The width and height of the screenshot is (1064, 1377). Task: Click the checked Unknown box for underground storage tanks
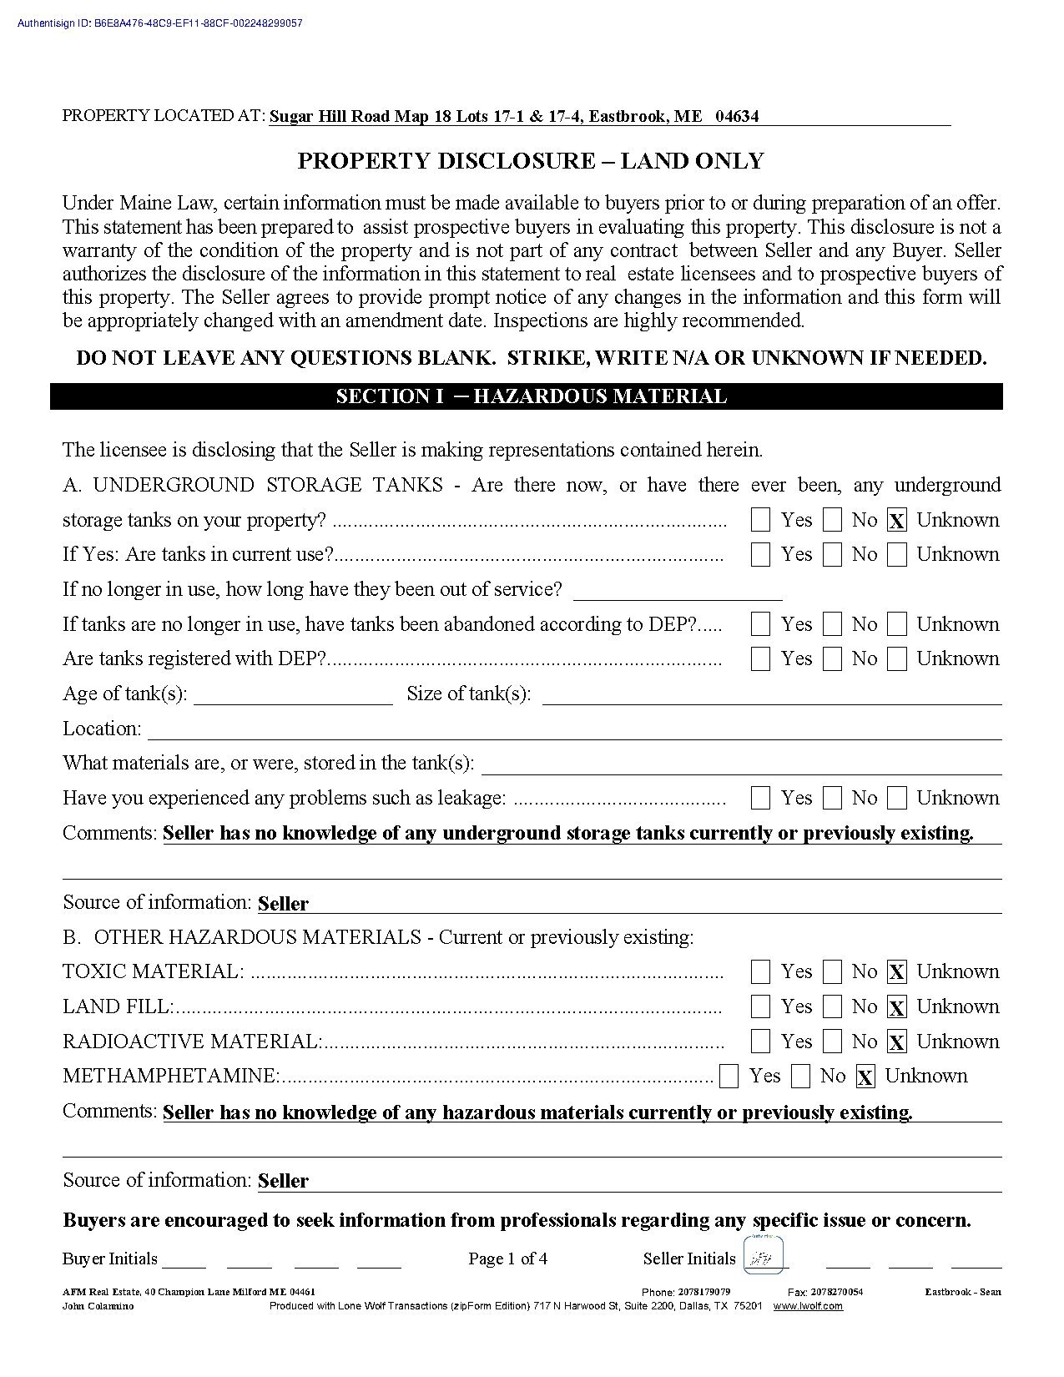coord(897,521)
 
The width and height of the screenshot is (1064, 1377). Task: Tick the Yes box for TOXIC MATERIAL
coord(760,971)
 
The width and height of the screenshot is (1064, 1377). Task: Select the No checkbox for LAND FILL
coord(832,1006)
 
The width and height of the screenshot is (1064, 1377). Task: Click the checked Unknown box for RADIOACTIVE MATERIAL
coord(897,1042)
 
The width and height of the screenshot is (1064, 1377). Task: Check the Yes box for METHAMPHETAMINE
coord(729,1077)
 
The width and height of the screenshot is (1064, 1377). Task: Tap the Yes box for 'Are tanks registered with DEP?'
coord(760,659)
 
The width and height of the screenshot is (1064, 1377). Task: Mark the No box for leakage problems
coord(832,799)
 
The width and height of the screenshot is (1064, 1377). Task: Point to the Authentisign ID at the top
coord(159,23)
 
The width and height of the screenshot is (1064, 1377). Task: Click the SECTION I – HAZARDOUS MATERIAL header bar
coord(531,396)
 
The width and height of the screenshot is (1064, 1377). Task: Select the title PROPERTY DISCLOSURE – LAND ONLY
coord(531,161)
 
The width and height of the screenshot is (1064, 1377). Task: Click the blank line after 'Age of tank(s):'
coord(293,698)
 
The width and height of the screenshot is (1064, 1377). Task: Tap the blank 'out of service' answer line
coord(678,593)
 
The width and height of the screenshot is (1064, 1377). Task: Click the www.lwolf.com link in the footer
coord(807,1306)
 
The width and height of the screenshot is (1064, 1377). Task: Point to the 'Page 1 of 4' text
coord(507,1258)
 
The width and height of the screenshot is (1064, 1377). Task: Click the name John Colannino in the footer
coord(98,1306)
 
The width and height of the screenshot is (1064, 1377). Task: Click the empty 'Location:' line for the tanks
coord(574,732)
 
